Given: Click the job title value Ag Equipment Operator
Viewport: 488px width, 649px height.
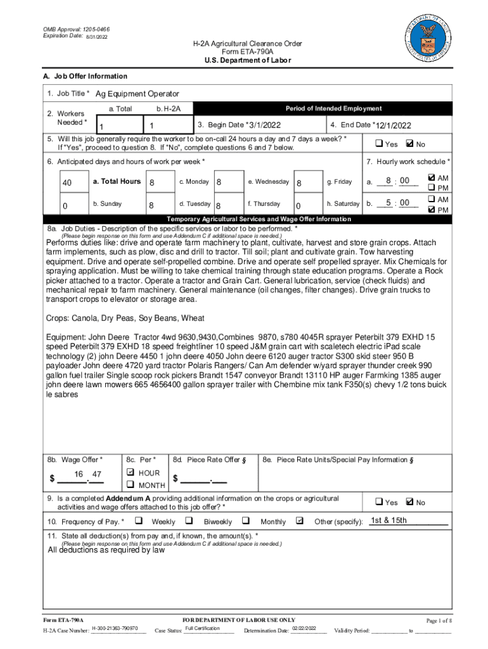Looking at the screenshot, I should [x=138, y=94].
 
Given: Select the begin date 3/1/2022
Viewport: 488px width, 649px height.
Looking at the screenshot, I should [x=265, y=125].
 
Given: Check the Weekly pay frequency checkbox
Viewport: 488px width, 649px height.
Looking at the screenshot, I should [x=139, y=521].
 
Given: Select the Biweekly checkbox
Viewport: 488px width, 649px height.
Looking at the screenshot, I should [x=189, y=521].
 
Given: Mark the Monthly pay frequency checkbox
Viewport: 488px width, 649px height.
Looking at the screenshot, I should [x=247, y=521].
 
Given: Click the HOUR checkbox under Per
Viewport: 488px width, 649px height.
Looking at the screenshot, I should [x=131, y=473].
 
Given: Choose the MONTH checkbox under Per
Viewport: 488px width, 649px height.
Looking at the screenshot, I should [x=131, y=485].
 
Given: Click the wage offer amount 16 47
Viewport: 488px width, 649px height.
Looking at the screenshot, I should [x=88, y=475].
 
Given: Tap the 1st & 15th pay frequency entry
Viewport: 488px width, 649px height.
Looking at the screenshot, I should [x=388, y=521].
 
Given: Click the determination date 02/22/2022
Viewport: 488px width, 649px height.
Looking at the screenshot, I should [x=304, y=628].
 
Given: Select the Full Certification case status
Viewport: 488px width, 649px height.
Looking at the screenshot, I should [x=202, y=628].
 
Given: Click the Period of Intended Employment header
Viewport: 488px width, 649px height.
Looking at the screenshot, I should [x=333, y=108].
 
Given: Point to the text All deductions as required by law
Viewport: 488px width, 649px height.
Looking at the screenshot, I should [x=106, y=550].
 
